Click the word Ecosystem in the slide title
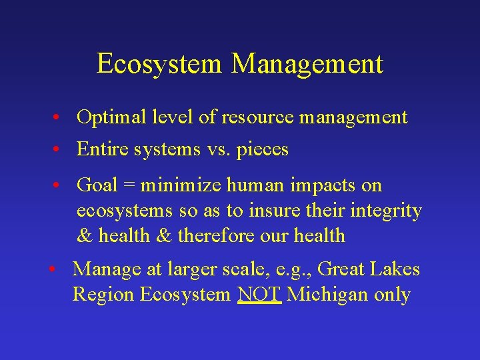click(x=159, y=64)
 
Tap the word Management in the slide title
click(x=307, y=64)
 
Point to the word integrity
click(x=385, y=211)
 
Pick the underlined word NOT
click(x=260, y=295)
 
